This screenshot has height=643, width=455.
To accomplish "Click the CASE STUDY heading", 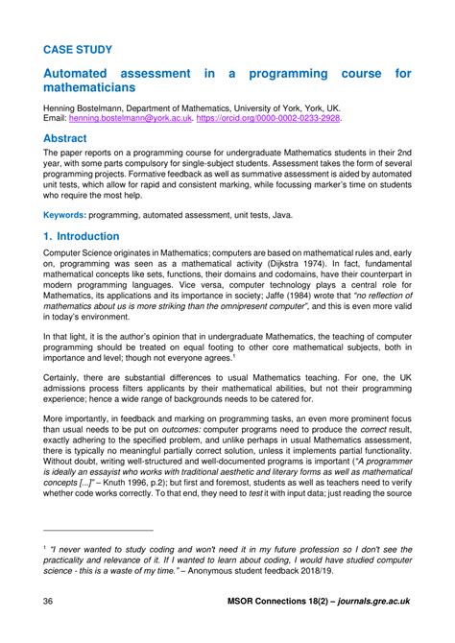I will [x=78, y=48].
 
